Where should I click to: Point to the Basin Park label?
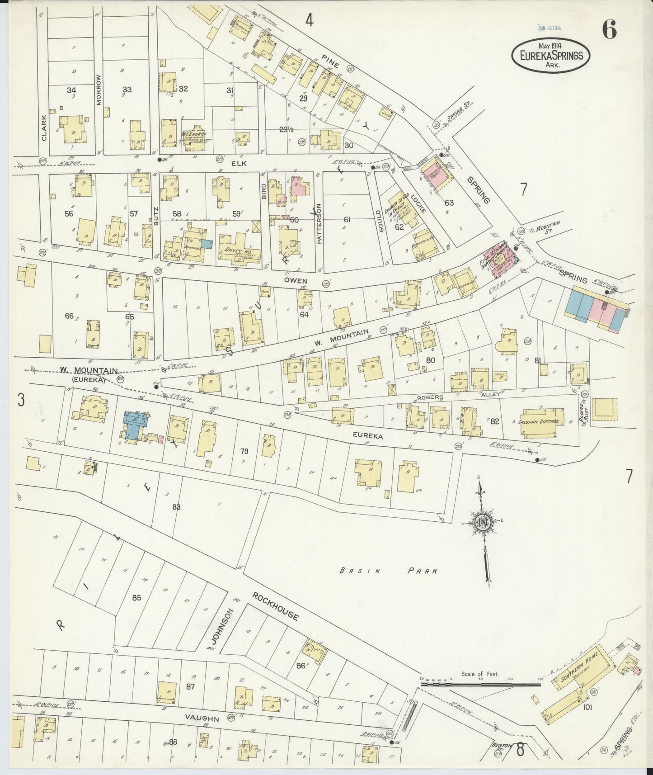(x=389, y=571)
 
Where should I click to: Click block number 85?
(x=136, y=598)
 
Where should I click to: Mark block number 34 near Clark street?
(x=71, y=90)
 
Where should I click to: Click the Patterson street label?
(x=319, y=224)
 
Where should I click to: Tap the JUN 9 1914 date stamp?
(x=550, y=28)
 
